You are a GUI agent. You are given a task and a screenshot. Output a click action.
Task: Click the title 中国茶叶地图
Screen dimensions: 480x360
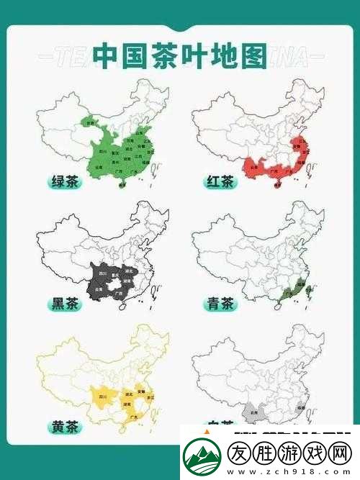[179, 57]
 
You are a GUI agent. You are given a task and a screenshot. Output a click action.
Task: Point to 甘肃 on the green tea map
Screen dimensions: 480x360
[91, 123]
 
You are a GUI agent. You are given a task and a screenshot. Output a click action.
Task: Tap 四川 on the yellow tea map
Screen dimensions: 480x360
[102, 396]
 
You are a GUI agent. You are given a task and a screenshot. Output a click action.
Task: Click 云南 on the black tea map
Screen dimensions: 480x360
[94, 289]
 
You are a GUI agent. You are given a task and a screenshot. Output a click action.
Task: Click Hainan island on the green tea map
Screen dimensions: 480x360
[122, 185]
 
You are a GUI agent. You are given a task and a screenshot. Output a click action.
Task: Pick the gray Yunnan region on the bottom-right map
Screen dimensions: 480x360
[251, 412]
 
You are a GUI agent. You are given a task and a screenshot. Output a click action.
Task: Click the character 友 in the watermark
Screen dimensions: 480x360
[243, 453]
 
